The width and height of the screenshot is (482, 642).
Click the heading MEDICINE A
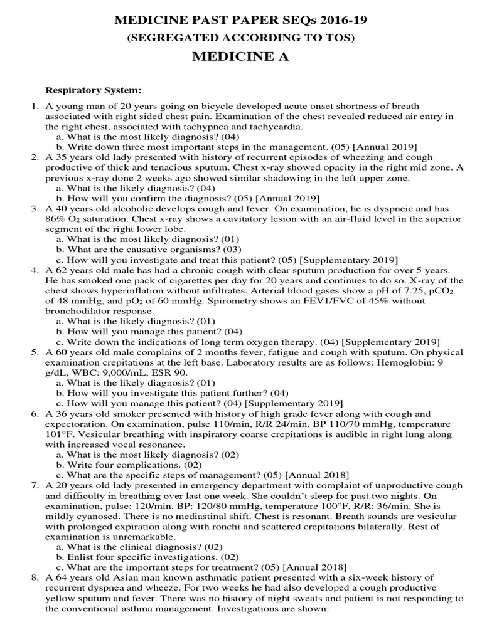coord(240,58)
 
